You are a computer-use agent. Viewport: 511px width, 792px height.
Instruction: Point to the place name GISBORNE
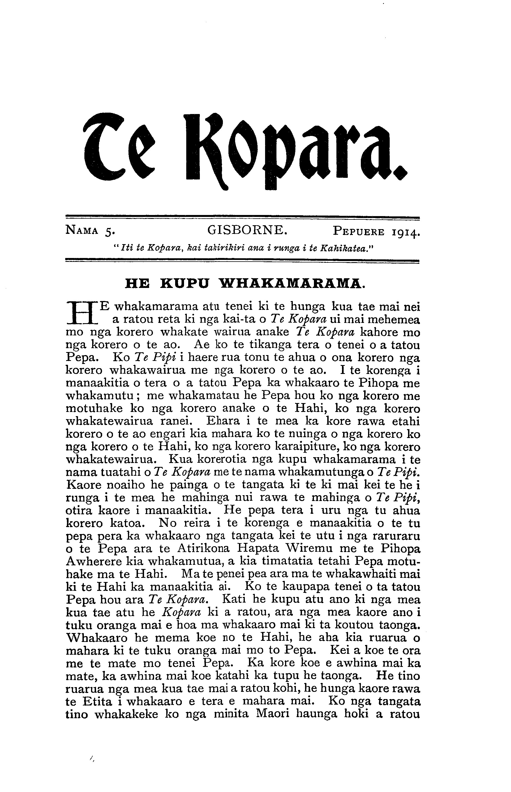click(247, 229)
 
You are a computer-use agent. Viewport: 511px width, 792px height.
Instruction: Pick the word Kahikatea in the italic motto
click(343, 248)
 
